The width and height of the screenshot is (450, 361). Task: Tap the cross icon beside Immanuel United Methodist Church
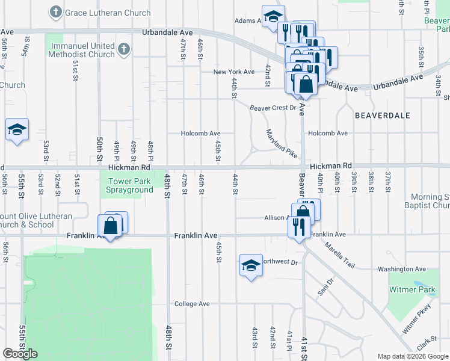click(x=123, y=49)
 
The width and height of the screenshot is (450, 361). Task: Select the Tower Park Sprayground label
click(x=131, y=185)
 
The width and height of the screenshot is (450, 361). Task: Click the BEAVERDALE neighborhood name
click(x=382, y=115)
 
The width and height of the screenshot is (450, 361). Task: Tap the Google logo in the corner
click(x=20, y=354)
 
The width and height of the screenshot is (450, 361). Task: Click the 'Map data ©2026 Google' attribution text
click(x=412, y=356)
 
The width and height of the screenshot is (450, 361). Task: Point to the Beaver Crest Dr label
click(x=274, y=108)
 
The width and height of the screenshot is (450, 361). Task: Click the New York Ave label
click(x=234, y=72)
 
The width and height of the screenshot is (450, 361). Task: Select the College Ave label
click(x=192, y=304)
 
